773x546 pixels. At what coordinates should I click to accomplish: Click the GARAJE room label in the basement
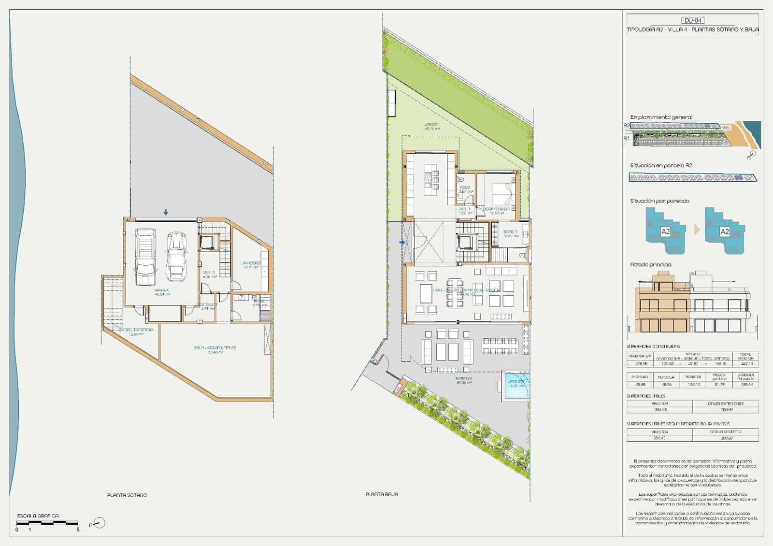coord(162,290)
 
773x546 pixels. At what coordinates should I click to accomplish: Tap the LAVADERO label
coord(250,263)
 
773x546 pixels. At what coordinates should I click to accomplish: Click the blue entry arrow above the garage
coord(166,212)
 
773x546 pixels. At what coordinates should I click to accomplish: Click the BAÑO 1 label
coord(511,232)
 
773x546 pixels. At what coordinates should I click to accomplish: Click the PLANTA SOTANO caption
coord(127,495)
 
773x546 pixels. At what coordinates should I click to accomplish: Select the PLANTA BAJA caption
coord(382,494)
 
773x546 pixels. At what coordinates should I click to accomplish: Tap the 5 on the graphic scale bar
coord(78,530)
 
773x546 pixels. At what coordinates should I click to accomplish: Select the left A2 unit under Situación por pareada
coord(665,231)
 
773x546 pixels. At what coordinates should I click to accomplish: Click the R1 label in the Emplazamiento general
coord(626,138)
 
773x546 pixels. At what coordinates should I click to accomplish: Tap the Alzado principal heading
coord(651,265)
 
